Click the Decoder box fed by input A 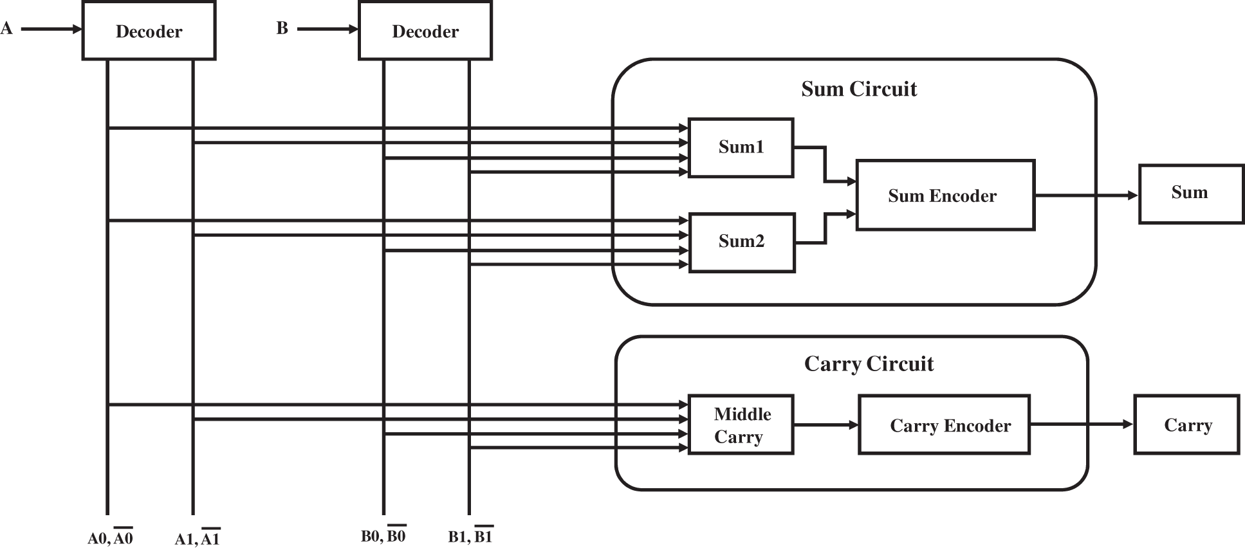(149, 31)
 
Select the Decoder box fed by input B (425, 31)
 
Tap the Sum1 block (741, 147)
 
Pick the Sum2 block (742, 242)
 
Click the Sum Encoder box (945, 195)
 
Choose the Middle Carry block (741, 425)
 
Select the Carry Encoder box (944, 425)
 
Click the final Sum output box (1191, 194)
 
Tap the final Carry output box (1186, 425)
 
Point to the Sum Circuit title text (859, 89)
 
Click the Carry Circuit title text (869, 364)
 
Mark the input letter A (6, 28)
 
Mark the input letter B (282, 28)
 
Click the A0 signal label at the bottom (110, 538)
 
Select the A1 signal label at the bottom (198, 538)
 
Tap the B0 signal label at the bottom (383, 535)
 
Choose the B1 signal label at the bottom (470, 535)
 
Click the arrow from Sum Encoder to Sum (1087, 195)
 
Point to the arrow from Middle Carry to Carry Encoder (826, 425)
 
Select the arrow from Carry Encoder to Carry (1082, 425)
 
